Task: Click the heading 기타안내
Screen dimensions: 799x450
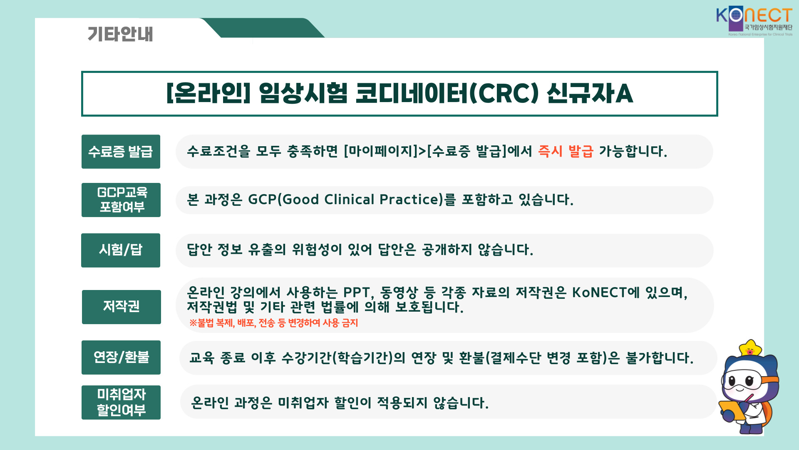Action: pos(120,34)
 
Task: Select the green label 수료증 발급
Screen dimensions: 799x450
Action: pos(121,152)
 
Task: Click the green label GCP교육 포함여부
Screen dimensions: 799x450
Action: pos(121,200)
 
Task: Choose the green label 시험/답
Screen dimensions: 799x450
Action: pos(121,250)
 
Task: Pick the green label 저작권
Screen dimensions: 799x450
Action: pos(122,307)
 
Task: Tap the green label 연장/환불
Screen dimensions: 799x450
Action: pos(121,357)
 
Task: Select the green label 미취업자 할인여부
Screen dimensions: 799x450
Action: pos(121,402)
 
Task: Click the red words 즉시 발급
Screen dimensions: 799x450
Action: pos(566,151)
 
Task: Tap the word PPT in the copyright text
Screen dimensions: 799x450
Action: pos(356,292)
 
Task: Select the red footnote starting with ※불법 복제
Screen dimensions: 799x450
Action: pos(274,323)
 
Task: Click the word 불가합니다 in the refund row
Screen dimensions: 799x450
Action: pos(660,358)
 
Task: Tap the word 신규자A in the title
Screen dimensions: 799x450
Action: pos(590,93)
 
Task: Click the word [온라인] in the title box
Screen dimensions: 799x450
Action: pos(208,93)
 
